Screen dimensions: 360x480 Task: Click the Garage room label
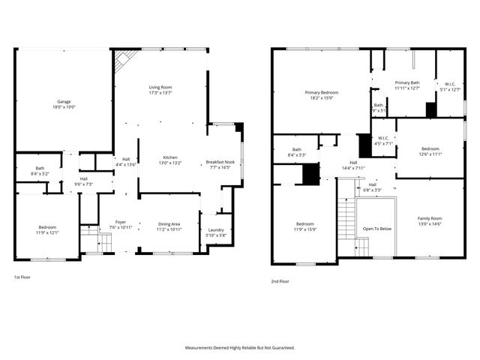pyautogui.click(x=64, y=101)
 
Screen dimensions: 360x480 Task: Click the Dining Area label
pyautogui.click(x=169, y=223)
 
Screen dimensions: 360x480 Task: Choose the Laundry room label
pyautogui.click(x=214, y=230)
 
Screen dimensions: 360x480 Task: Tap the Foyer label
pyautogui.click(x=120, y=221)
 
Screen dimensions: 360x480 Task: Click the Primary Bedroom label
pyautogui.click(x=322, y=93)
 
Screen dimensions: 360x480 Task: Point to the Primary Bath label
pyautogui.click(x=407, y=82)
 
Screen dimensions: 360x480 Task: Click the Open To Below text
pyautogui.click(x=377, y=229)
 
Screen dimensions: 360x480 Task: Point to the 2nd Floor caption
pyautogui.click(x=280, y=282)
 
